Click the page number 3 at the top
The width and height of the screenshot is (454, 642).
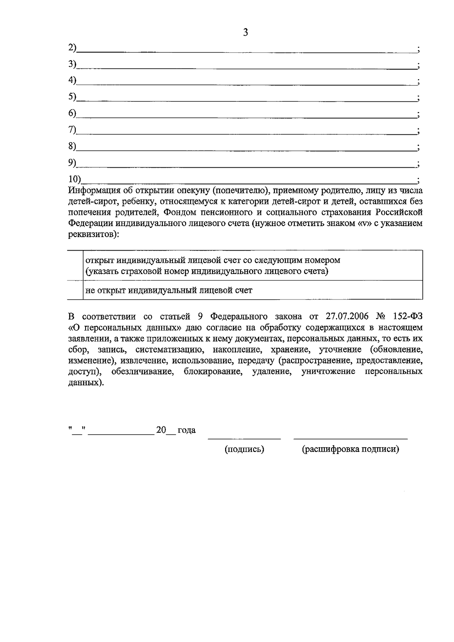[x=245, y=33]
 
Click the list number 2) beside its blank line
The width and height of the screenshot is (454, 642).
[x=72, y=48]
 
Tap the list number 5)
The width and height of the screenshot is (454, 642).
[x=72, y=97]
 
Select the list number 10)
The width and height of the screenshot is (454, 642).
[x=75, y=179]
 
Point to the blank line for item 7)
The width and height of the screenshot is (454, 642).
[x=246, y=134]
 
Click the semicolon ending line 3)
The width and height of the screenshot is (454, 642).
[x=418, y=65]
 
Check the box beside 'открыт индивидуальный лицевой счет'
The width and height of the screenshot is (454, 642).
[x=75, y=265]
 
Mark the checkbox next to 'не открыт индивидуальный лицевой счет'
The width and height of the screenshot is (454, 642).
[x=75, y=290]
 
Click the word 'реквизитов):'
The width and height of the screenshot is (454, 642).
[x=93, y=234]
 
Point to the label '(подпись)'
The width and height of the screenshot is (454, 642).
[x=244, y=449]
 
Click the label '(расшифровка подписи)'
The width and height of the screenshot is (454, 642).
[x=350, y=449]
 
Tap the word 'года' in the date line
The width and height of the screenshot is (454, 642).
[x=187, y=430]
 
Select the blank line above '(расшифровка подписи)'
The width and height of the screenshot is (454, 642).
[x=350, y=438]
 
